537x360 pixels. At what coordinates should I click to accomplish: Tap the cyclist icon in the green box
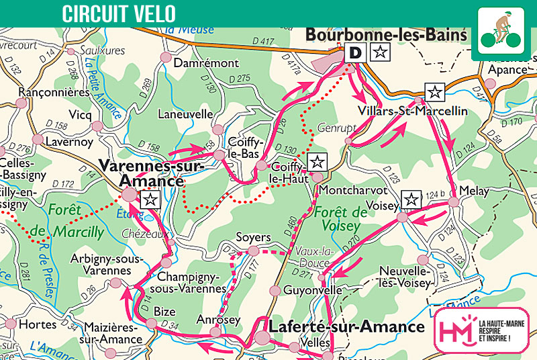click(x=503, y=32)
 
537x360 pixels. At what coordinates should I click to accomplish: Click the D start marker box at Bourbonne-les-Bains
click(x=356, y=52)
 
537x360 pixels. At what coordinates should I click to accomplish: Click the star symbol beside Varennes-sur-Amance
click(x=151, y=199)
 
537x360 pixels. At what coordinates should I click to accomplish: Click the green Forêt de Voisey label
click(x=342, y=220)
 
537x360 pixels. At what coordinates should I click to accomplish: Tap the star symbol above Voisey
click(x=411, y=199)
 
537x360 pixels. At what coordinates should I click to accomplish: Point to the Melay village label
click(x=473, y=190)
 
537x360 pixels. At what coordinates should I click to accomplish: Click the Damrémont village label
click(x=206, y=63)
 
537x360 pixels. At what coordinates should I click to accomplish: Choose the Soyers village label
click(x=253, y=238)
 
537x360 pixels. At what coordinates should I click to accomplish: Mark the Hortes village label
click(x=38, y=324)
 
